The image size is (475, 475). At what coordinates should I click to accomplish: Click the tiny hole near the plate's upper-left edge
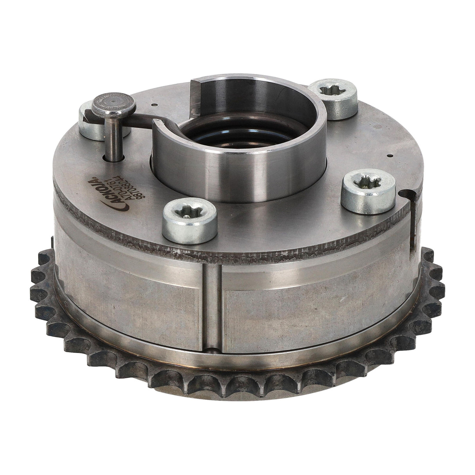(x=155, y=105)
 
